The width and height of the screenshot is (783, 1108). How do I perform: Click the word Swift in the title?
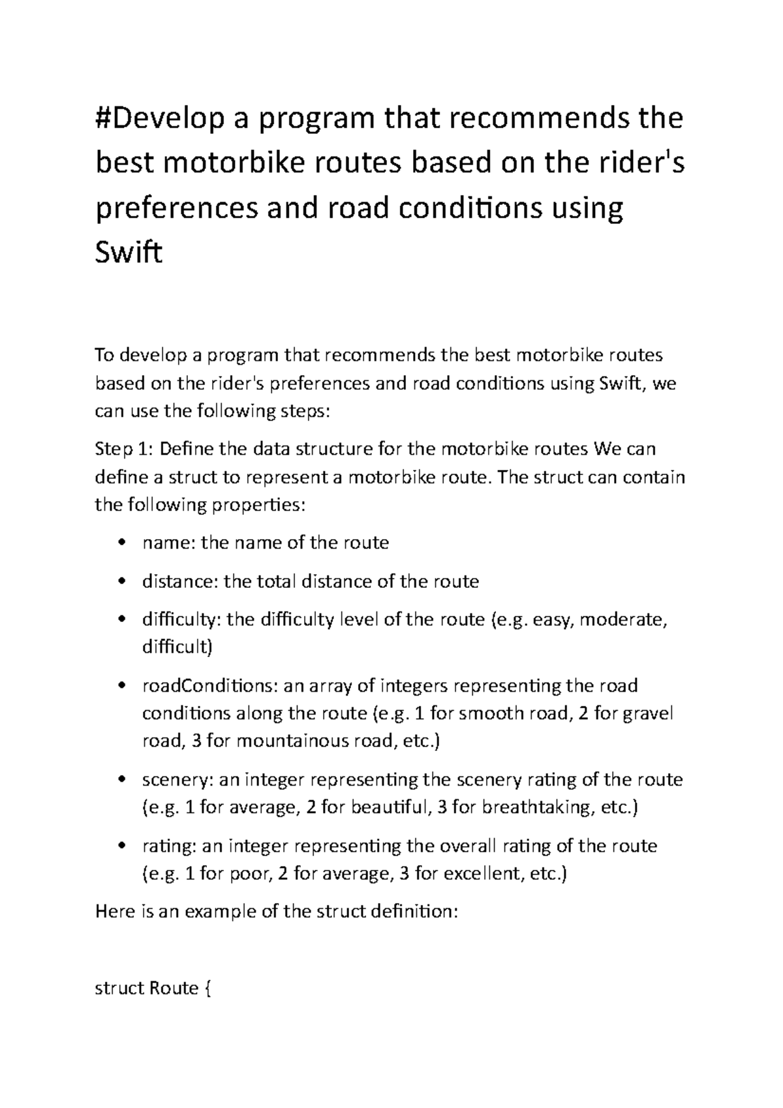128,253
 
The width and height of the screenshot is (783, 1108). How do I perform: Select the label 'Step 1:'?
124,450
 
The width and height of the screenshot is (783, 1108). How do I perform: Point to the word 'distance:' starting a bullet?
180,581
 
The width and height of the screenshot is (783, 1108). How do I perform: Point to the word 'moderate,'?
624,620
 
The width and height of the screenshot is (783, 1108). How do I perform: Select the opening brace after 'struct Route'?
207,989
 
